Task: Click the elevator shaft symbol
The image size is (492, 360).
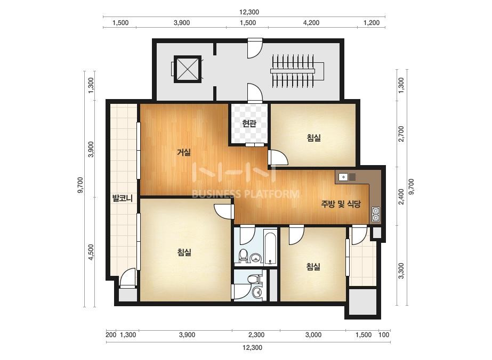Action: pos(187,69)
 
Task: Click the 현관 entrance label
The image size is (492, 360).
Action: pos(249,123)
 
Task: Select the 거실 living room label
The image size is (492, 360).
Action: pos(183,152)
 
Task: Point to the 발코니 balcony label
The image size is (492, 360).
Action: pos(123,198)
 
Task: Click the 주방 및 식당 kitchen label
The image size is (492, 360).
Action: pos(341,204)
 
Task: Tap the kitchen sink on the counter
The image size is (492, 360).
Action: pos(347,177)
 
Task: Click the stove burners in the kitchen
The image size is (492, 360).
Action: pos(376,214)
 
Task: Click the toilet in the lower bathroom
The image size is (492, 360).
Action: pos(252,279)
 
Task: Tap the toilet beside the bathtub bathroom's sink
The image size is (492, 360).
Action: pos(243,256)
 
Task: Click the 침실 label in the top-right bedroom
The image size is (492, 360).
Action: pos(314,138)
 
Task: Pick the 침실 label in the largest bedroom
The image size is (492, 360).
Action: pos(184,252)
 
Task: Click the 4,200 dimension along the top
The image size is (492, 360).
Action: pos(312,22)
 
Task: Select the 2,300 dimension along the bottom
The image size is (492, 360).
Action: pos(256,335)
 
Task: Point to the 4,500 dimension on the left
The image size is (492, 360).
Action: pos(91,252)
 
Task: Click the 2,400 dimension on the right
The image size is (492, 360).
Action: pos(401,197)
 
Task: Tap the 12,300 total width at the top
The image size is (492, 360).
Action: pos(249,12)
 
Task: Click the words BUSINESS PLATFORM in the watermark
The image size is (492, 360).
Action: pos(245,194)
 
